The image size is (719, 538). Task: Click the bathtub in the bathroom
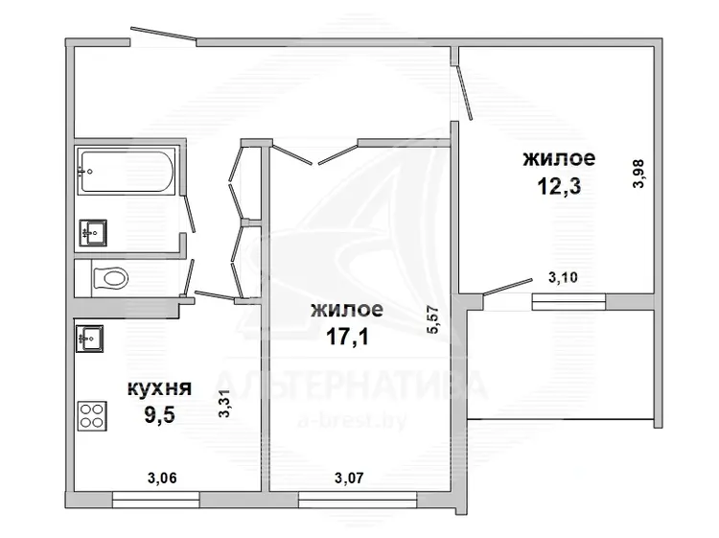[127, 171]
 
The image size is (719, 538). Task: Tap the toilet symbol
[110, 278]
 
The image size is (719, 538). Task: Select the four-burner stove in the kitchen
[92, 416]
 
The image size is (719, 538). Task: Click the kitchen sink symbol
[89, 339]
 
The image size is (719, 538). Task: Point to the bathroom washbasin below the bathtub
[93, 233]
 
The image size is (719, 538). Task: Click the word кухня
[159, 388]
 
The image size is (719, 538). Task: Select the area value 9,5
[159, 416]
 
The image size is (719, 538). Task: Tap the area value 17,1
[347, 337]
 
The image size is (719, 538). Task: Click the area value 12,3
[559, 186]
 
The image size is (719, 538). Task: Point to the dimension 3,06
[162, 479]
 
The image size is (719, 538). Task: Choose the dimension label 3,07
[349, 479]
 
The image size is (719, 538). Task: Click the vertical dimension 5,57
[433, 319]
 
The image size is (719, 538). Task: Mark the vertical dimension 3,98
[638, 174]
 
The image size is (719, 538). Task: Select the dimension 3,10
[563, 277]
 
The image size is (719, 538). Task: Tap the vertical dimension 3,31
[224, 404]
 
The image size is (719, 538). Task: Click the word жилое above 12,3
[559, 158]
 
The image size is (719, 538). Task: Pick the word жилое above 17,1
[347, 310]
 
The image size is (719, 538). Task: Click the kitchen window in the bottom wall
[156, 500]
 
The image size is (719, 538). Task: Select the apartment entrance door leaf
[164, 35]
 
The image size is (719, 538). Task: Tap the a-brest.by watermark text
[352, 420]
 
